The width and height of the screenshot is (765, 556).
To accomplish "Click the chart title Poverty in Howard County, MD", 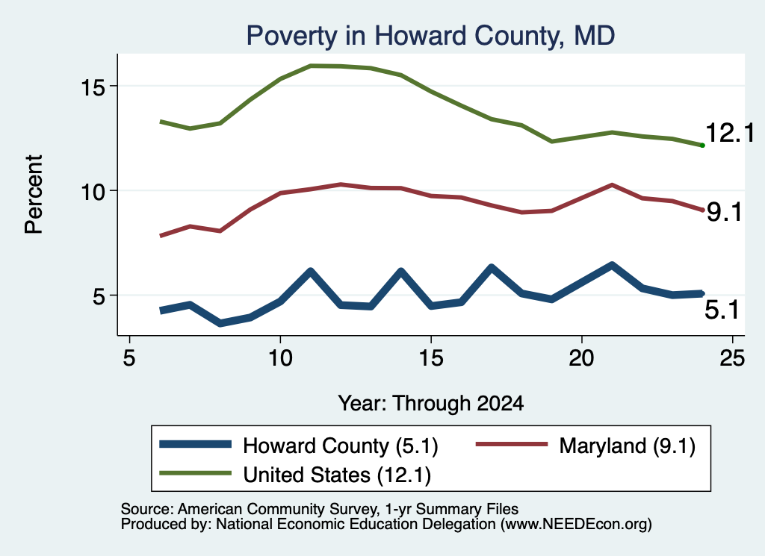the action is tap(430, 36).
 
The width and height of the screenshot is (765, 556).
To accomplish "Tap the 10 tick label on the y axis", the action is tap(92, 192).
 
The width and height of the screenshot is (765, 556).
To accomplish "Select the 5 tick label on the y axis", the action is tap(99, 296).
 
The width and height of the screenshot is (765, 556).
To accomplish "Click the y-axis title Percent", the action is tap(34, 195).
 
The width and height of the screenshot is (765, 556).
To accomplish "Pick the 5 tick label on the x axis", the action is tap(128, 358).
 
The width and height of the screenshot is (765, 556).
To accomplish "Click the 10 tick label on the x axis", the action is tap(280, 358).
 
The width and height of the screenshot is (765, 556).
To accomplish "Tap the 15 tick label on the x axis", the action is tap(431, 358).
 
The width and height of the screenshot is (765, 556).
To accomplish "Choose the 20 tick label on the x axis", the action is tap(581, 358).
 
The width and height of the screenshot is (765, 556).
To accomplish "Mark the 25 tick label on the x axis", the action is tap(732, 358).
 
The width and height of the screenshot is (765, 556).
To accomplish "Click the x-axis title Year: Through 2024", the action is tap(431, 404).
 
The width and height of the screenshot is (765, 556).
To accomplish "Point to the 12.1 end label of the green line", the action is tap(730, 133).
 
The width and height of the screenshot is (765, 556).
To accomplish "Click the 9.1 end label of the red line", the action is tap(725, 212).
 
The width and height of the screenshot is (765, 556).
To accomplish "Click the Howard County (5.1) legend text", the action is tap(341, 446).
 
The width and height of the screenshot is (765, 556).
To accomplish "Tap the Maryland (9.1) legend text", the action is tap(628, 446).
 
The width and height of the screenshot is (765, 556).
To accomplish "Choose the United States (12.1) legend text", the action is tap(337, 475).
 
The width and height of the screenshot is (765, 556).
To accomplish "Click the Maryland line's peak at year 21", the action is tap(611, 184).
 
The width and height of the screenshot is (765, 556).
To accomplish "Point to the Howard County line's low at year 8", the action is tap(220, 323).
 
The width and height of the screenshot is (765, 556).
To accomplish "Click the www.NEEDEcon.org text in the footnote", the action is tap(575, 525).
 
